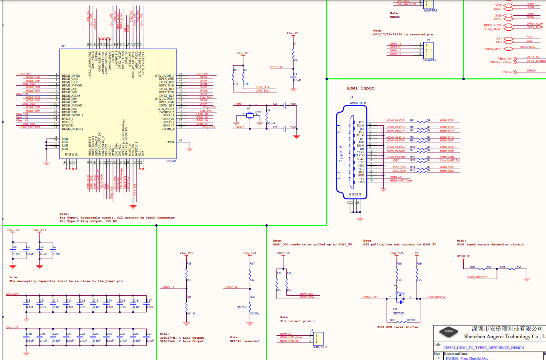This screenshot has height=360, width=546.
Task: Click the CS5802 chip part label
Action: (x=171, y=161)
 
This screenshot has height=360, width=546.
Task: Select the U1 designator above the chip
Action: (x=64, y=46)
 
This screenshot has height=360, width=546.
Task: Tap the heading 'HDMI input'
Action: (x=361, y=88)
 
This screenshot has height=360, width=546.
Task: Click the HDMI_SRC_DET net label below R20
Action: (x=477, y=277)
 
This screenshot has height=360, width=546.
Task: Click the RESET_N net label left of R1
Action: (x=276, y=67)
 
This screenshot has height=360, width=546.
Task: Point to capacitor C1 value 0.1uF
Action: (x=297, y=80)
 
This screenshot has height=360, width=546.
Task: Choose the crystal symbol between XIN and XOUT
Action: (x=250, y=115)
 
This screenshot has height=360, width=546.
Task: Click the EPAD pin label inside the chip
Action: (x=170, y=142)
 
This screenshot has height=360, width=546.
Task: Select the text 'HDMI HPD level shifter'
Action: (x=397, y=327)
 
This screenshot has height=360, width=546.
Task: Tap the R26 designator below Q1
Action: (x=392, y=320)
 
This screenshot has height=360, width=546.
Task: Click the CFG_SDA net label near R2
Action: (x=262, y=87)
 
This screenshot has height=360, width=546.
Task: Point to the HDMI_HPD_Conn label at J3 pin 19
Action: (x=401, y=181)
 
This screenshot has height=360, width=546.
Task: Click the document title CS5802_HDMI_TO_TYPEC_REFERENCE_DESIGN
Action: (x=483, y=348)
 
